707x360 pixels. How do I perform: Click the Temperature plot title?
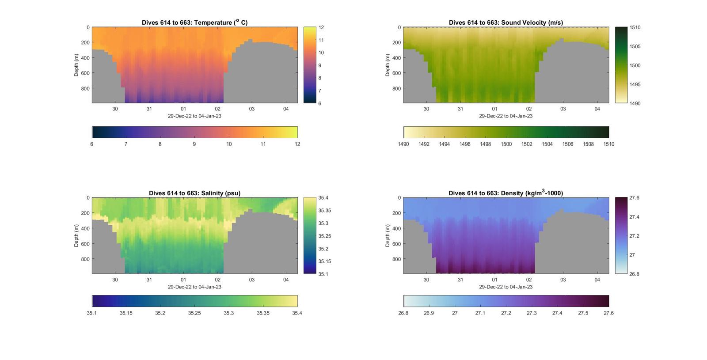(194, 23)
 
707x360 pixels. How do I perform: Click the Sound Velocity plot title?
(506, 23)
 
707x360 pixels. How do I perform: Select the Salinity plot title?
(194, 193)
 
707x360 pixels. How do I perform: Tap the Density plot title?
(506, 193)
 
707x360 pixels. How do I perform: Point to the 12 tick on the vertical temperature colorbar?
(321, 27)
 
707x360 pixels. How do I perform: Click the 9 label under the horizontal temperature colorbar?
(194, 144)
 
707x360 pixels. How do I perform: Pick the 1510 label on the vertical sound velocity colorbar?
(635, 27)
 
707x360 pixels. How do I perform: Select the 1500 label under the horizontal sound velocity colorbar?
(506, 144)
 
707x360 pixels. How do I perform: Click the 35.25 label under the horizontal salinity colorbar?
(194, 313)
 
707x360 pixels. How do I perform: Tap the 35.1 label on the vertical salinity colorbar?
(323, 274)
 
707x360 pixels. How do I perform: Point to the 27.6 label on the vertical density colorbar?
(634, 198)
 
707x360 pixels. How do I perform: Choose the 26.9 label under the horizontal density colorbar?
(429, 313)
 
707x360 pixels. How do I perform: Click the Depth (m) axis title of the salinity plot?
(76, 235)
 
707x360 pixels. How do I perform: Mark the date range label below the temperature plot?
(194, 116)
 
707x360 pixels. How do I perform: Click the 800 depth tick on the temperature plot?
(85, 88)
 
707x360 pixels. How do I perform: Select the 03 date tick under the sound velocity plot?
(563, 109)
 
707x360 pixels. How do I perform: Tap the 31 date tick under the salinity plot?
(149, 280)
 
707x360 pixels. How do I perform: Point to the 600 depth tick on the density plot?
(396, 244)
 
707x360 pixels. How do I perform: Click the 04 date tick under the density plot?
(597, 280)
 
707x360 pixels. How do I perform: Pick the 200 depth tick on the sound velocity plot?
(396, 43)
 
